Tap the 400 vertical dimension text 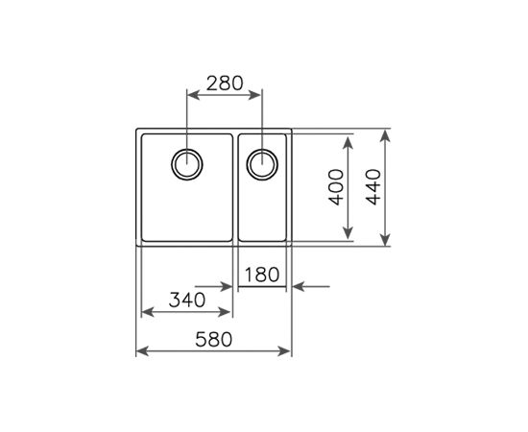(333, 188)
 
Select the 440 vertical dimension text (373, 188)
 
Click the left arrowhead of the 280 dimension (189, 94)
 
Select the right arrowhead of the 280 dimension (257, 94)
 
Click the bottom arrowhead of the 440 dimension (386, 242)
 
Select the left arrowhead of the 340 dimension (146, 313)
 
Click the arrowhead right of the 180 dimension (297, 285)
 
